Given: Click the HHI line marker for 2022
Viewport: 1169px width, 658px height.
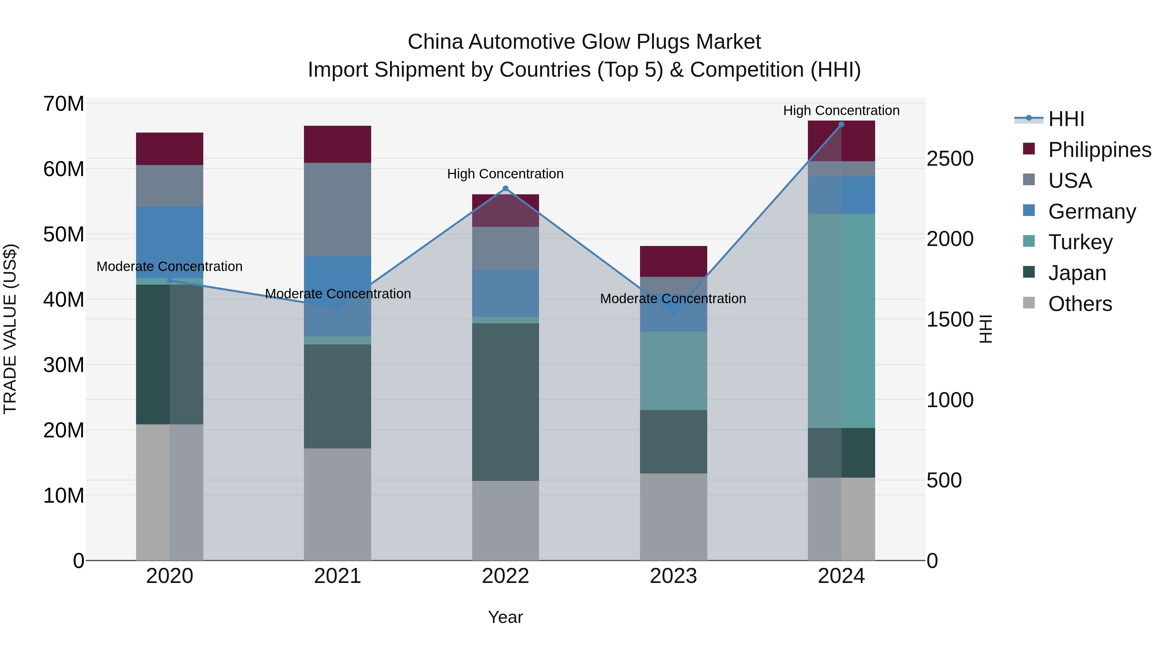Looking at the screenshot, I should [x=506, y=188].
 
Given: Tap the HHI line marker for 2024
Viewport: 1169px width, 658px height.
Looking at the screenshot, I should [x=841, y=124].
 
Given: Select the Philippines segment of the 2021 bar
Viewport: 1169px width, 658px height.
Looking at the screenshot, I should [x=337, y=144].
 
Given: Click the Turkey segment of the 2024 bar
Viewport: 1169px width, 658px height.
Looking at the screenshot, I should [x=841, y=321].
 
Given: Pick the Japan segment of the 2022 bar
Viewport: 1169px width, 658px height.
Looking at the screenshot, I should [x=506, y=402].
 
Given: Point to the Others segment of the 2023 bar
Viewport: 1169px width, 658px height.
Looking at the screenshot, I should [x=673, y=517].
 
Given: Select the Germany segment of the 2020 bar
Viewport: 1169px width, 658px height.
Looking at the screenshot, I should [x=170, y=242].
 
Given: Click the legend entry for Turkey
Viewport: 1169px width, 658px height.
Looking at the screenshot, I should [x=1080, y=242].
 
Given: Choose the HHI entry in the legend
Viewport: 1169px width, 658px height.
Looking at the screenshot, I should [x=1066, y=119].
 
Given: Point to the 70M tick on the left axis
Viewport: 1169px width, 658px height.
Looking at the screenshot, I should [x=64, y=104].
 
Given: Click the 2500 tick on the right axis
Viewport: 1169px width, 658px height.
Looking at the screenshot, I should [x=949, y=159].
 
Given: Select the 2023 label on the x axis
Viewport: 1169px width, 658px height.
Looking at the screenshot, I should [x=673, y=576].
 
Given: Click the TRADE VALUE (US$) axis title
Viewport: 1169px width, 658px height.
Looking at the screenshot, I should [x=10, y=329].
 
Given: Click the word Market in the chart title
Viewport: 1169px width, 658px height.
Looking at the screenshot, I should [x=728, y=42].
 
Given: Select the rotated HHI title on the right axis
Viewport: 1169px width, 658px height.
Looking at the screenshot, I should [x=986, y=329].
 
